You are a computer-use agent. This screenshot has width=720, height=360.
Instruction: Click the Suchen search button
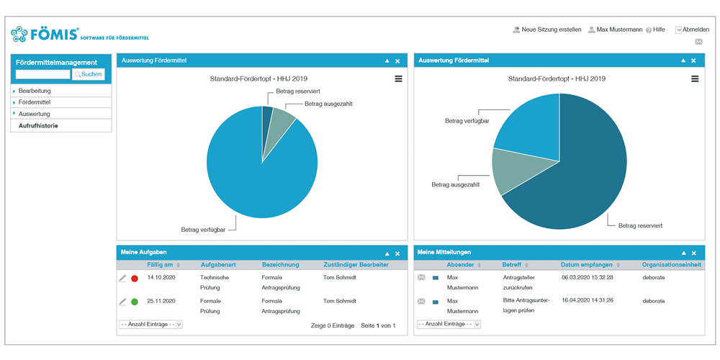coord(89,74)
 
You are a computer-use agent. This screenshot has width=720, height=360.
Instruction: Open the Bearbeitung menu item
coord(35,91)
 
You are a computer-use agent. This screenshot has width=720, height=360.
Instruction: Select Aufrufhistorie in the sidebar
coord(38,126)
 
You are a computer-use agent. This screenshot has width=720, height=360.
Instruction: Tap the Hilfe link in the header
coord(658,30)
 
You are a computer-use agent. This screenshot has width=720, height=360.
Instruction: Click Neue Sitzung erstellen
coord(551,30)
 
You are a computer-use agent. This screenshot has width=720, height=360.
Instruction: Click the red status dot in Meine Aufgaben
coord(134,278)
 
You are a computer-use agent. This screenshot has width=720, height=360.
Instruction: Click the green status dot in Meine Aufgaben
coord(134,302)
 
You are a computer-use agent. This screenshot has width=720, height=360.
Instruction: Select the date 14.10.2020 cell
coord(161,276)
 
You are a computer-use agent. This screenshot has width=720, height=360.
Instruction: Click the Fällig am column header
coord(159,265)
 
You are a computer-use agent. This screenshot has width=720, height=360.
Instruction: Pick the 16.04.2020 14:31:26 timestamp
coord(587,300)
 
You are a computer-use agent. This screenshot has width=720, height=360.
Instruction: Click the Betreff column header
coord(512,265)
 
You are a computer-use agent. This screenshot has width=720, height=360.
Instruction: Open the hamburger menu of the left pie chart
coord(398,78)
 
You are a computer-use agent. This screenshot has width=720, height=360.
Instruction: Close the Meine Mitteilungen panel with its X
coord(693,253)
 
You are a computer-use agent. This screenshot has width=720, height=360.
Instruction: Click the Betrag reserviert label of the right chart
coord(640,225)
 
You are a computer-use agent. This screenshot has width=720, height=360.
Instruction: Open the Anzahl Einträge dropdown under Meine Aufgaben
coord(150,325)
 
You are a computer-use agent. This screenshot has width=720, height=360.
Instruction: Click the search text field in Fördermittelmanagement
coord(43,74)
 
